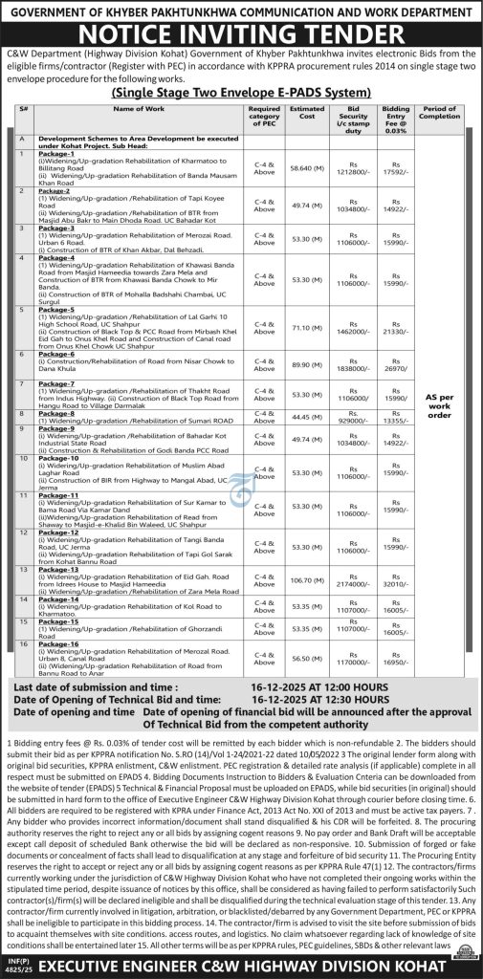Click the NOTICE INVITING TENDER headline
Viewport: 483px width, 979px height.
[241, 43]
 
